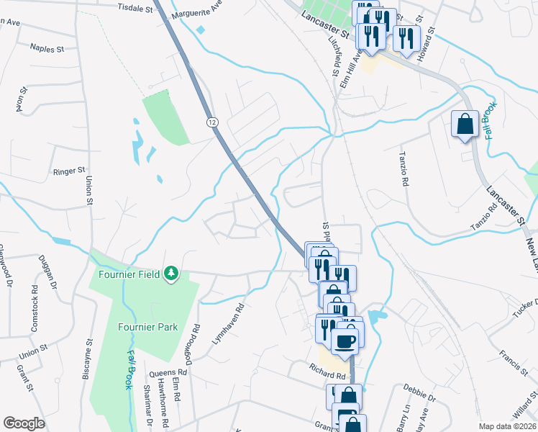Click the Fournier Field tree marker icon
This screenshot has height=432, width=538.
coord(171,274)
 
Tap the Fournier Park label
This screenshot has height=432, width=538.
coord(147,327)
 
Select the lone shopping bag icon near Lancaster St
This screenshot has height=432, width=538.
coord(465,124)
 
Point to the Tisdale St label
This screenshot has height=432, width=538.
coord(135,9)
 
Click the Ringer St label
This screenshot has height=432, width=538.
coord(70,172)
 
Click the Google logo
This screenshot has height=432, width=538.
coord(24,423)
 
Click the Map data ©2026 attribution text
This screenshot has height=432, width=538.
coord(506,426)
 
